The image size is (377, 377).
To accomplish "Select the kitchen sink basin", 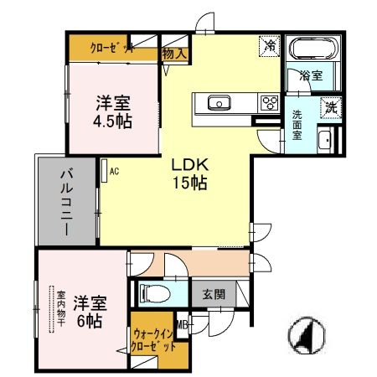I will pos(219,103).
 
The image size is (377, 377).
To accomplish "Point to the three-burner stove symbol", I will pos(269,103).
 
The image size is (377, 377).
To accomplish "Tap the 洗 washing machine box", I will pos(331,106).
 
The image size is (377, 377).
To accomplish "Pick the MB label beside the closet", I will pos(182,327).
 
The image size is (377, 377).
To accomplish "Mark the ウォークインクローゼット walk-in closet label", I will pos(154,342).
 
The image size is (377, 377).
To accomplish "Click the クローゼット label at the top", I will pos(112,49).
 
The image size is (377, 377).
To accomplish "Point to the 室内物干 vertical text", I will pos(61,311).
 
